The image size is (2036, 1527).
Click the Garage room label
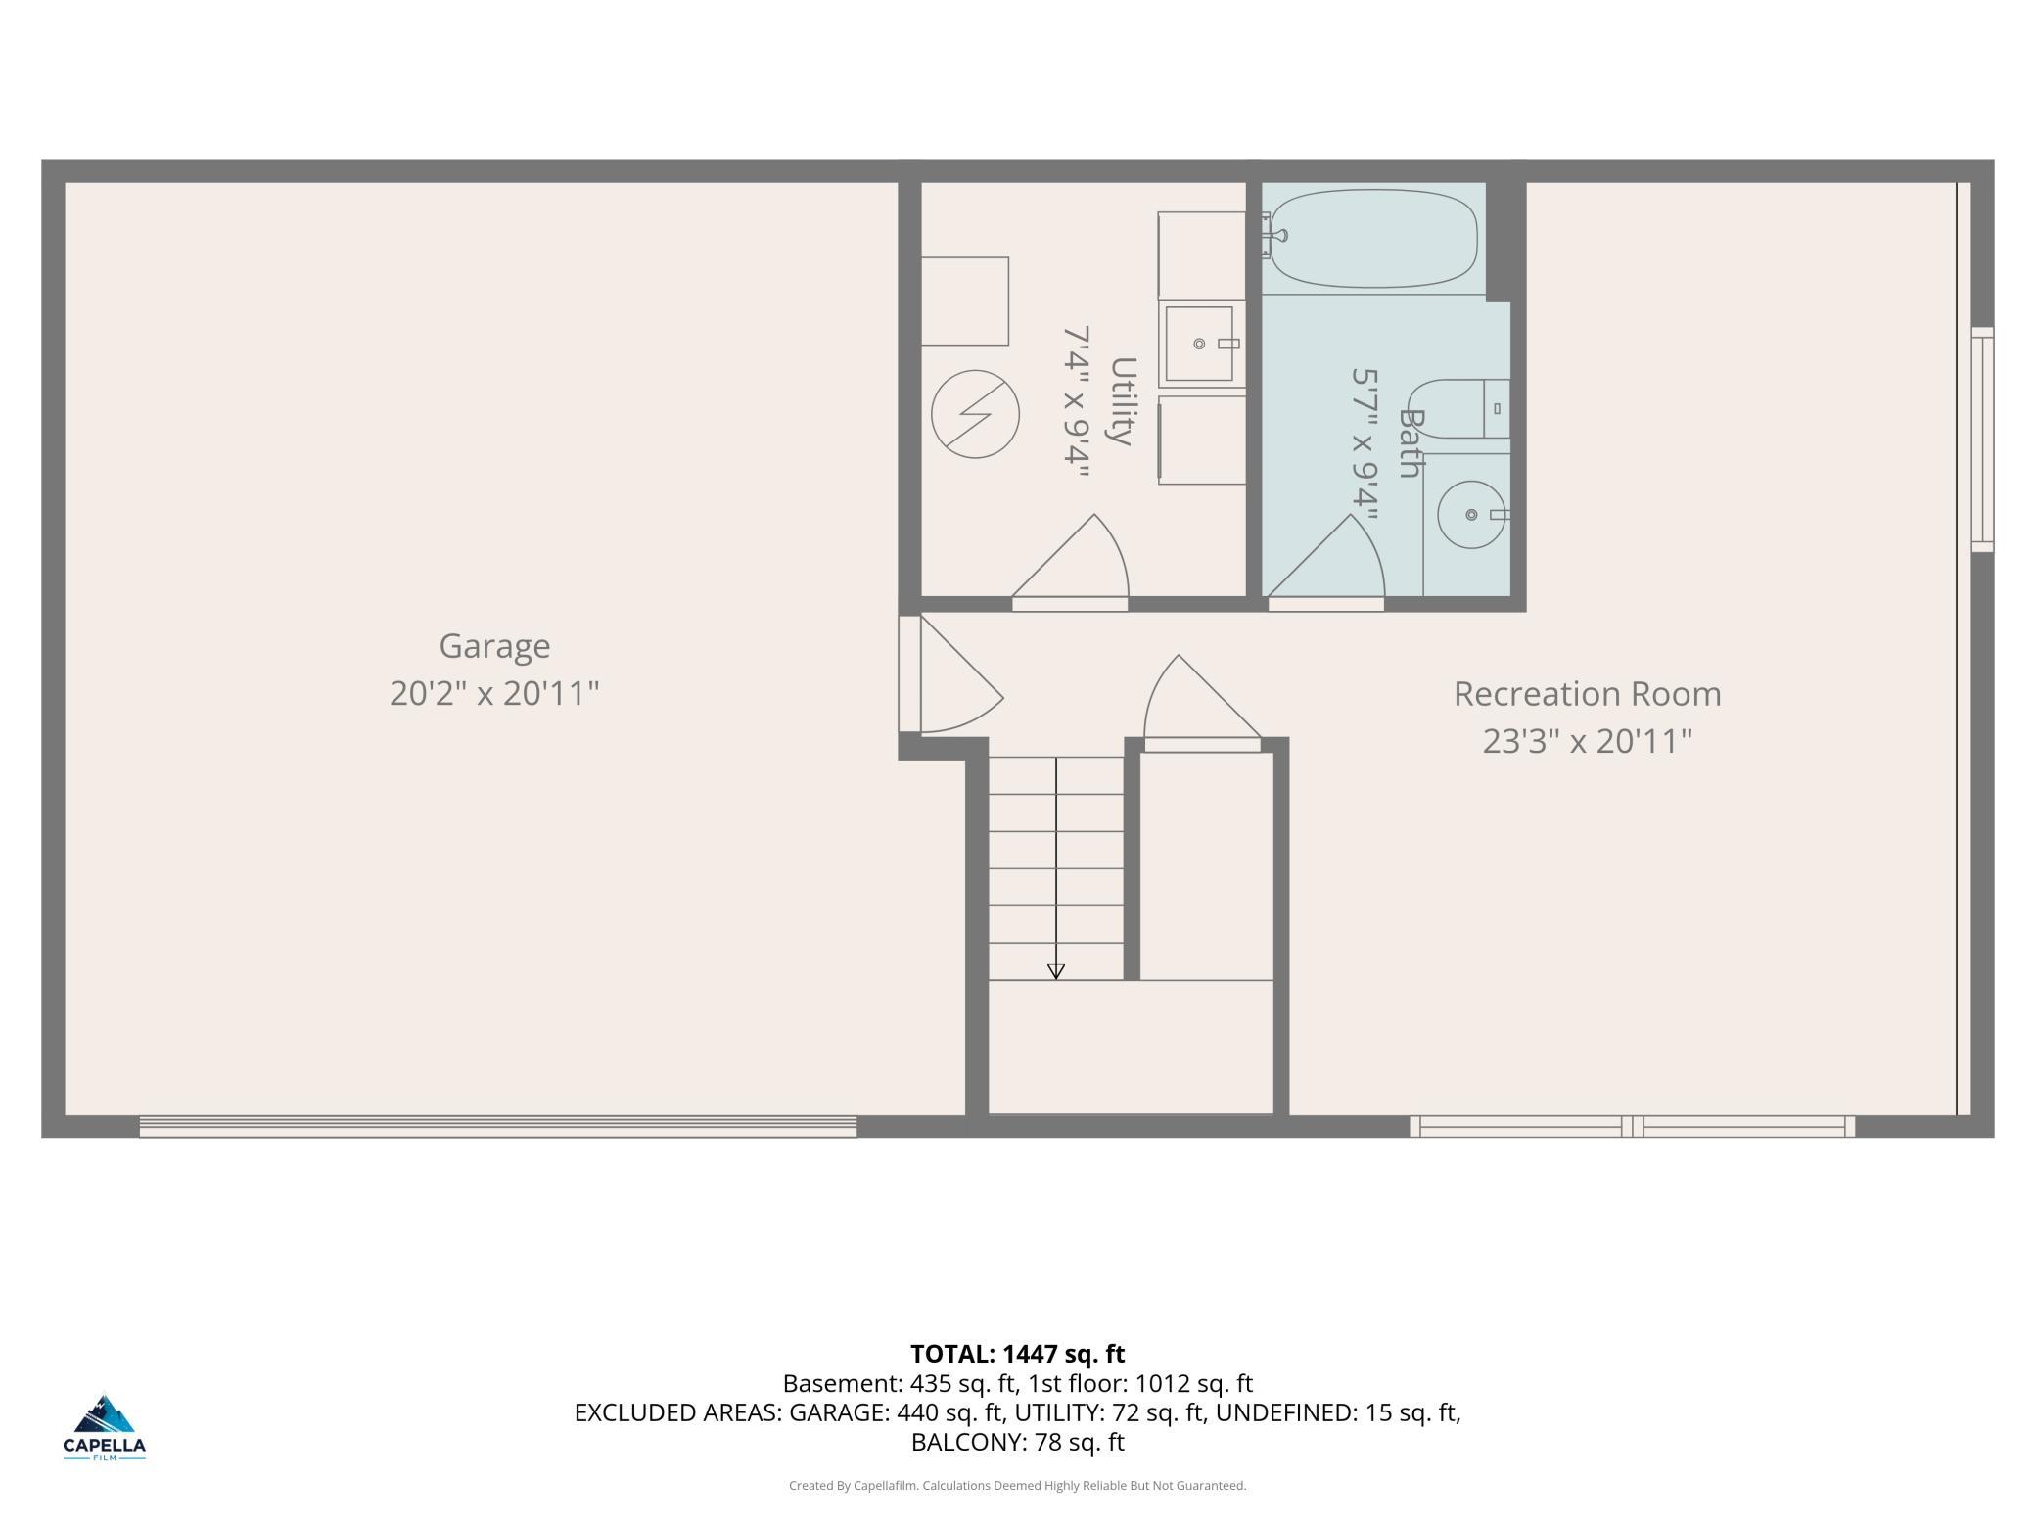coord(494,646)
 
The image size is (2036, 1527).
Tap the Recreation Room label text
coord(1587,694)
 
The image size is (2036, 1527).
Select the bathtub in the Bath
coord(1372,239)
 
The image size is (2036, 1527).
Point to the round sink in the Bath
coord(1471,515)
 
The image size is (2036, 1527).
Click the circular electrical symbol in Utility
coord(975,413)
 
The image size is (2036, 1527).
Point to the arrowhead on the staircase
coord(1056,971)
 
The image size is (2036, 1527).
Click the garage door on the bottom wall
coord(498,1127)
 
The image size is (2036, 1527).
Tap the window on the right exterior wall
coord(1982,440)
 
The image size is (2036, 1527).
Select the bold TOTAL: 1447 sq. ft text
coord(1017,1354)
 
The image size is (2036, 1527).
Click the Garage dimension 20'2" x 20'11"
coord(494,693)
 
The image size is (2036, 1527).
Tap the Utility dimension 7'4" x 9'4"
coord(1077,402)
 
